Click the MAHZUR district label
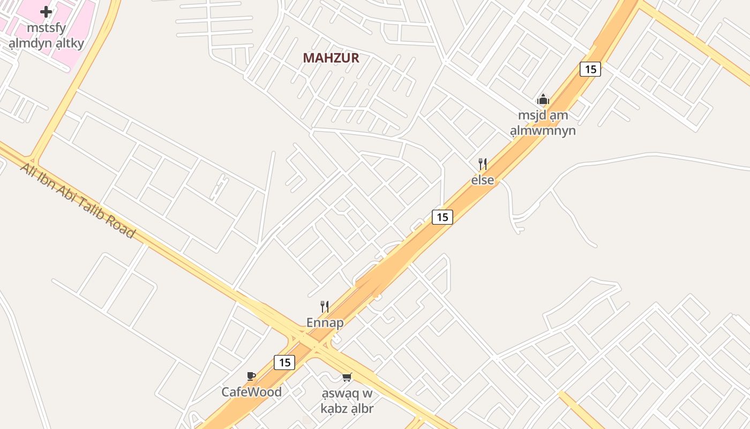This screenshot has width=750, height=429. (x=331, y=58)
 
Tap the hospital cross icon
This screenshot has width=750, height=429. (x=46, y=11)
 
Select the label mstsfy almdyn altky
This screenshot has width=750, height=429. (x=46, y=35)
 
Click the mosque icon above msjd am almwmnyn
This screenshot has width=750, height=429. (x=543, y=100)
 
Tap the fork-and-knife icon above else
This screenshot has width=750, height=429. (x=483, y=164)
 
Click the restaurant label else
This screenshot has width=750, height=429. (x=483, y=180)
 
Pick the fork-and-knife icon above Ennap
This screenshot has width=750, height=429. (x=325, y=306)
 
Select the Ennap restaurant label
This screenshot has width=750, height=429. (x=325, y=323)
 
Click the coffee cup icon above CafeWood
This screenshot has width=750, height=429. (x=251, y=376)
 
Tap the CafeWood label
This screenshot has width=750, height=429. (x=251, y=392)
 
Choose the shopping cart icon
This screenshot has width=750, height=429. (x=347, y=378)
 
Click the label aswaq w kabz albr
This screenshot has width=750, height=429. (x=347, y=401)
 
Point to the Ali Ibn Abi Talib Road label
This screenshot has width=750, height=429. (x=77, y=200)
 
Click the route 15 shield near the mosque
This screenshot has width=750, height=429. (x=590, y=69)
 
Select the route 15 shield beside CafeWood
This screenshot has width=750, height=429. (x=284, y=363)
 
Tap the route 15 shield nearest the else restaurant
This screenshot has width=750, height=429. (x=442, y=217)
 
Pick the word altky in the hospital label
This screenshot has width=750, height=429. (x=70, y=43)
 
